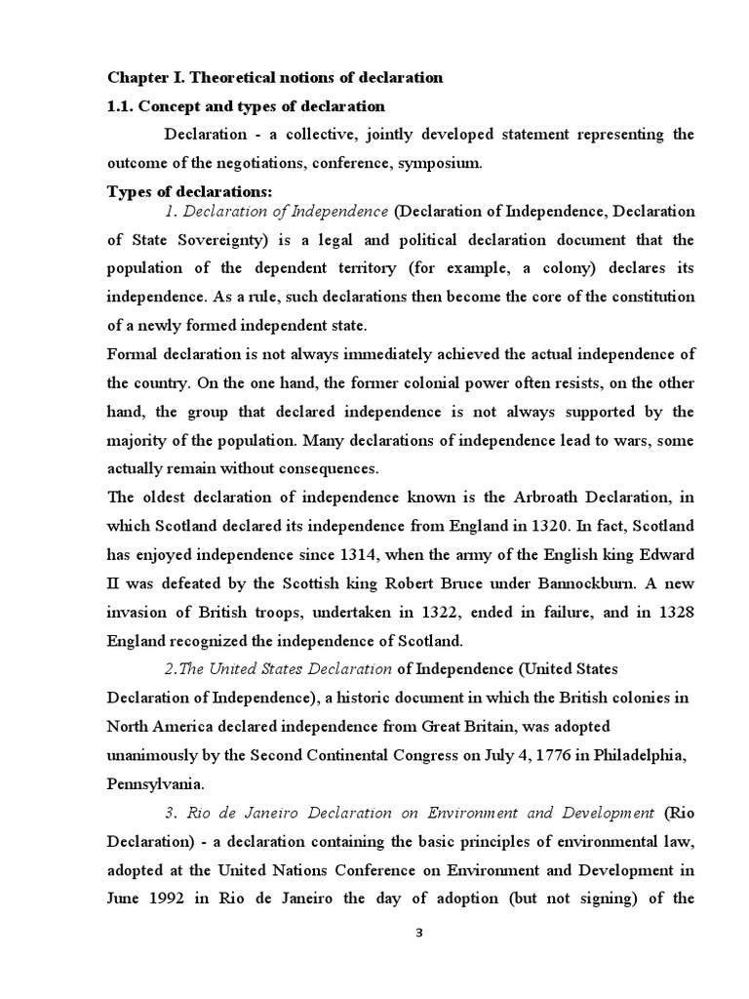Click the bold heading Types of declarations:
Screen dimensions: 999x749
tap(189, 191)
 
